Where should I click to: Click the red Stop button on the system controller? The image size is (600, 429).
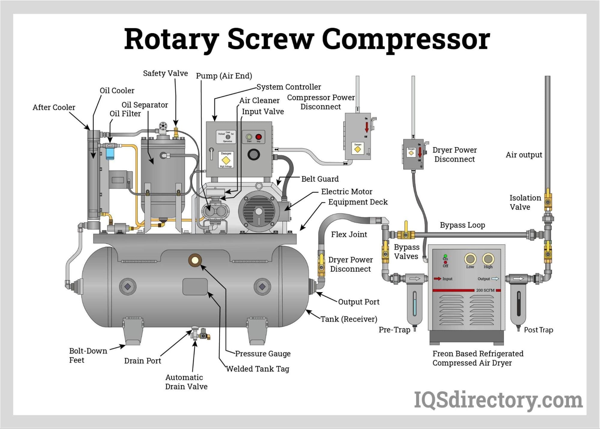pyautogui.click(x=258, y=137)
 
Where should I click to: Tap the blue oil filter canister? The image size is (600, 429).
pyautogui.click(x=110, y=153)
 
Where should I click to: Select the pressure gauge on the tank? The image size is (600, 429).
pyautogui.click(x=195, y=260)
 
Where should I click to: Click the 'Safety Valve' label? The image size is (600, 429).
pyautogui.click(x=165, y=73)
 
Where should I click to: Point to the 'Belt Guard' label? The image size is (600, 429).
pyautogui.click(x=320, y=179)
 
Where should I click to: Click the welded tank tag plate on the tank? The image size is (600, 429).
pyautogui.click(x=195, y=287)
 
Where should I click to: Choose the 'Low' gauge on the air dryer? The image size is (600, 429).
pyautogui.click(x=470, y=259)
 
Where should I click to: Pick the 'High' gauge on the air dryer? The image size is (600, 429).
pyautogui.click(x=488, y=259)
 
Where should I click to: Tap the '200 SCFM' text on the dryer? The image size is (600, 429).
pyautogui.click(x=485, y=290)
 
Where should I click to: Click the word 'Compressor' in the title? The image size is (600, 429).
pyautogui.click(x=406, y=40)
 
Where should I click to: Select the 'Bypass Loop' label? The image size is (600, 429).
pyautogui.click(x=462, y=225)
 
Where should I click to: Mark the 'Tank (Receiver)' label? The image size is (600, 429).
pyautogui.click(x=349, y=319)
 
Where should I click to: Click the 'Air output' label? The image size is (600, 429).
pyautogui.click(x=524, y=155)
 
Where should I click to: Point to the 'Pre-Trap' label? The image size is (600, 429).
pyautogui.click(x=394, y=330)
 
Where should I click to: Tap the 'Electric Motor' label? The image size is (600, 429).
pyautogui.click(x=347, y=192)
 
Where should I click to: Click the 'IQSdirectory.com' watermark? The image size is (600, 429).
pyautogui.click(x=498, y=400)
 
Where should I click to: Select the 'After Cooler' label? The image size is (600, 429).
pyautogui.click(x=54, y=107)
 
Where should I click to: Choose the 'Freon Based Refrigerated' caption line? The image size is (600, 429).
pyautogui.click(x=478, y=354)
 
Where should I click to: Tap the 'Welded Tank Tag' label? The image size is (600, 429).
pyautogui.click(x=258, y=369)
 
